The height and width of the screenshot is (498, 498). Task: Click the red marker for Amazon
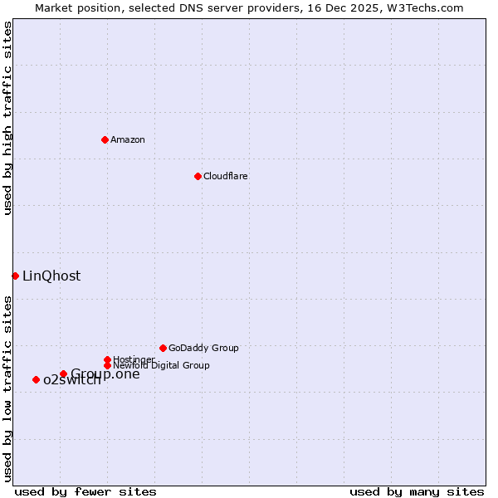pos(105,139)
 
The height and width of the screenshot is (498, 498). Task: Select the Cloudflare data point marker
pos(198,176)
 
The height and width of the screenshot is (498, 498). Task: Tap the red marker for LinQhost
pos(15,276)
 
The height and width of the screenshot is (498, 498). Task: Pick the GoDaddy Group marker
pos(163,348)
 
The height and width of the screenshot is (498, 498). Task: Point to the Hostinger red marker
pos(107,359)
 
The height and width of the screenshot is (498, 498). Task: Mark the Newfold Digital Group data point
pos(107,365)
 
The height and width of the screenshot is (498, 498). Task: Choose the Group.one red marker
pos(63,373)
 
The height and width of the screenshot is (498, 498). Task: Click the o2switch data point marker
pos(36,379)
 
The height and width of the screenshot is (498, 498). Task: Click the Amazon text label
pos(128,139)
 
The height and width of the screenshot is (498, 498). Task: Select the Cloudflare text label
pos(226,176)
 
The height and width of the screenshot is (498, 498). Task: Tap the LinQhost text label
pos(51,276)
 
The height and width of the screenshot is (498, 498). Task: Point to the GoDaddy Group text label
pos(203,348)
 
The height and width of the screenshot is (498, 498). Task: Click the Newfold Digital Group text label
pos(161,365)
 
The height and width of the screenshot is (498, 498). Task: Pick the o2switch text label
pos(72,380)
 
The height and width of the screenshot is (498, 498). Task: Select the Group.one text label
pos(105,373)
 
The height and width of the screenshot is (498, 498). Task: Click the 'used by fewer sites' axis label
pos(85,491)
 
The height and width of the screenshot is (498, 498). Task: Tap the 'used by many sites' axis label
pos(417,491)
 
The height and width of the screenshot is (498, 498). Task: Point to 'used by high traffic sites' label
pos(7,119)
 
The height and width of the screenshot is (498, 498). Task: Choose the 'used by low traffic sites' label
pos(7,388)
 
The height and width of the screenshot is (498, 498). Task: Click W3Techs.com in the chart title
pos(422,7)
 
